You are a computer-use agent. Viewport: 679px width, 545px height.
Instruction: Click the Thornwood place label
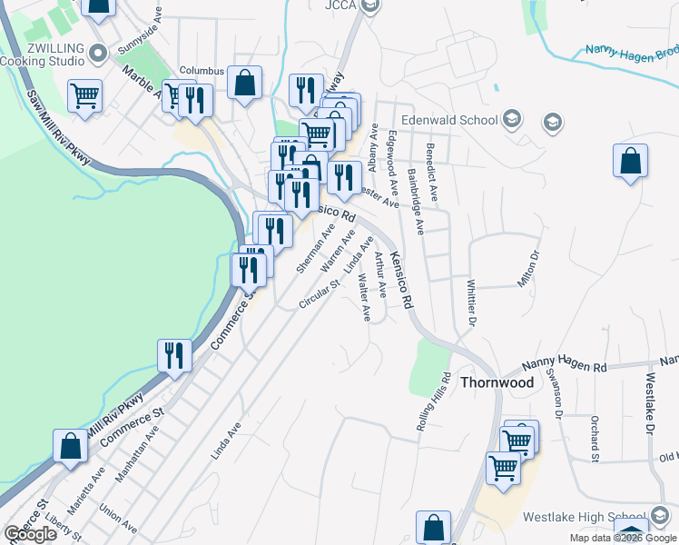[497, 382]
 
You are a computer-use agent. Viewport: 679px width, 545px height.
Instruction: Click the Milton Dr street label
[528, 269]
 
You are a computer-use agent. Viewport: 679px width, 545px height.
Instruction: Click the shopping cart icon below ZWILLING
[84, 94]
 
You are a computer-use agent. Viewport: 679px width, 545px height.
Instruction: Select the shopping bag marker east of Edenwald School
[630, 162]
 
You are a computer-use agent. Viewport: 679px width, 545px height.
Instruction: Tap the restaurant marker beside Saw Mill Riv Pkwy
[173, 355]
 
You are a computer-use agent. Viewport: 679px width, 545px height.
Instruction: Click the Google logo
[31, 534]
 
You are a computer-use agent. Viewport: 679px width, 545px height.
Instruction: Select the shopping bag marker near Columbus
[244, 83]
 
